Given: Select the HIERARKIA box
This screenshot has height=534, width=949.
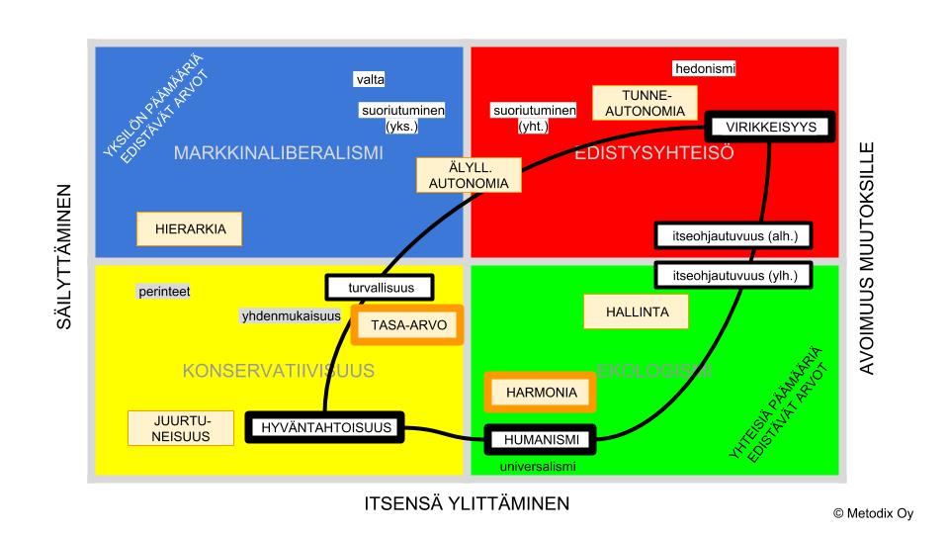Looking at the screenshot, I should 190,229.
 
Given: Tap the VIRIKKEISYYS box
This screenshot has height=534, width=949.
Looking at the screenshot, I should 771,127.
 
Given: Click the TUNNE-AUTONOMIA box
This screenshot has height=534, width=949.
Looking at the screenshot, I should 646,103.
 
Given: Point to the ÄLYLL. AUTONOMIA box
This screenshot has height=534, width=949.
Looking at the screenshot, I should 469,175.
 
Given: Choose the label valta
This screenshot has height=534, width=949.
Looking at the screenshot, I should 370,79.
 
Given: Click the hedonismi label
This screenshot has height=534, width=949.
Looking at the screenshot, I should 705,68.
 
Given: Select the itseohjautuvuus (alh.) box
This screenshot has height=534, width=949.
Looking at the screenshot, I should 733,235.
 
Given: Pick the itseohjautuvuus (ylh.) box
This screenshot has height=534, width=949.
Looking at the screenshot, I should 733,275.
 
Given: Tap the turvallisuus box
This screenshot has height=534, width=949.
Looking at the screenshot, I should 380,288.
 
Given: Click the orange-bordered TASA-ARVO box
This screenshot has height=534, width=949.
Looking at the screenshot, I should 407,325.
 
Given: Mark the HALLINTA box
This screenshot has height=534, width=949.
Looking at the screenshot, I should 636,311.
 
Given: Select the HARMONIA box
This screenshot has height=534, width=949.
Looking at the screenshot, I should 541,393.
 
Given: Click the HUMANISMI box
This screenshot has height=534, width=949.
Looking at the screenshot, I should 541,439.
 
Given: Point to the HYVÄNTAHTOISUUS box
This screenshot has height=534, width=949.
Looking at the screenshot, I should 325,427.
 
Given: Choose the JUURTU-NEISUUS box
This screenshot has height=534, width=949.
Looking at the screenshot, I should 181,428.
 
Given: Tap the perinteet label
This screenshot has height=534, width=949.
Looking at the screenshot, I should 164,292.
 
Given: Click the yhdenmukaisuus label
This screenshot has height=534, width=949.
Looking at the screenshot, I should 291,316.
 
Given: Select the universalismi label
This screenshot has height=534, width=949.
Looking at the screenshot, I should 537,466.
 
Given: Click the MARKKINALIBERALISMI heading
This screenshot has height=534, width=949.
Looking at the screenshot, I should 278,153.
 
